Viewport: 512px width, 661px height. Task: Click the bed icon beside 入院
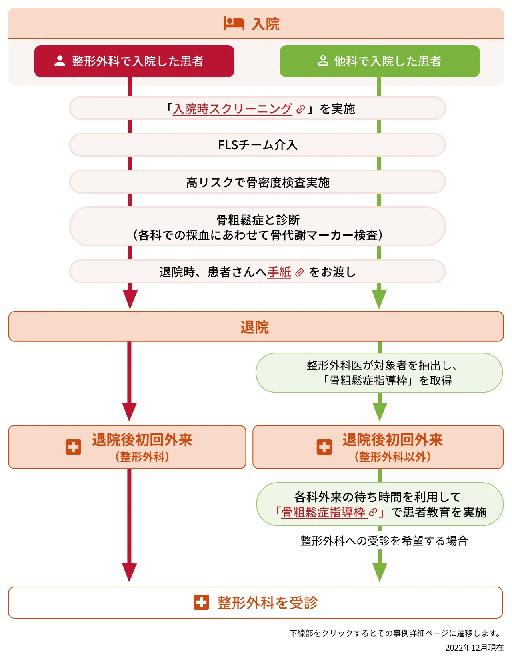(234, 24)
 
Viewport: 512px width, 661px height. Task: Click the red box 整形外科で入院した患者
(134, 61)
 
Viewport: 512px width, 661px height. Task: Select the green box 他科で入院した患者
(380, 61)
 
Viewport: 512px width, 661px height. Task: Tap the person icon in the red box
(60, 61)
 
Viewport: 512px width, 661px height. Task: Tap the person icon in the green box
(323, 61)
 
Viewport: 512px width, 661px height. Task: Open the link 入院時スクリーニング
(232, 109)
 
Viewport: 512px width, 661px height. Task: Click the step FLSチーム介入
(258, 145)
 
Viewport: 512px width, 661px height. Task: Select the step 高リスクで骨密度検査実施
(258, 182)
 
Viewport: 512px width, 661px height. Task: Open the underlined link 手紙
(279, 272)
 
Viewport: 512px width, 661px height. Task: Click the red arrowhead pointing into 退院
(130, 298)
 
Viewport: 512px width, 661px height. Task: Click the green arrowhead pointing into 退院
(379, 298)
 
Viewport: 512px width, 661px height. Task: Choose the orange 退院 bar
(256, 327)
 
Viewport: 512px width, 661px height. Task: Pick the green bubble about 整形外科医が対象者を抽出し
(379, 373)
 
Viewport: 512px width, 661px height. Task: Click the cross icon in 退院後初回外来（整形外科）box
(73, 447)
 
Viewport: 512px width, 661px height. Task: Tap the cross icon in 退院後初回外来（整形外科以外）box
(324, 447)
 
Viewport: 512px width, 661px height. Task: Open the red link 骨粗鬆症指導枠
(324, 512)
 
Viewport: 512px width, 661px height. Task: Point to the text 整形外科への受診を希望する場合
(384, 541)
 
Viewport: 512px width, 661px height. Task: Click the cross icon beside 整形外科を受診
(201, 602)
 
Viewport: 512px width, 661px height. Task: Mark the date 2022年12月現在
(474, 648)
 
